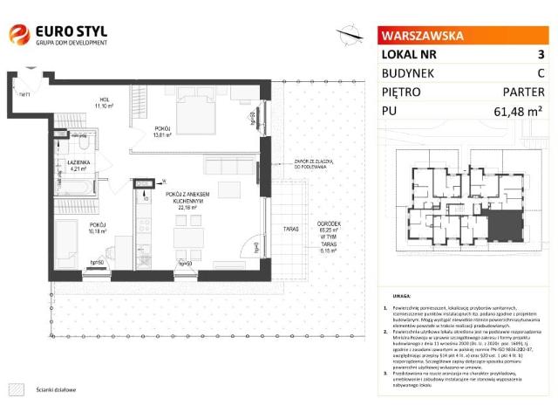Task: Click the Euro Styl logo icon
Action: coord(18,35)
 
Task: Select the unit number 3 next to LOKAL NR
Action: coord(540,54)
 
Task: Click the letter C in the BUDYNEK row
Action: coord(541,72)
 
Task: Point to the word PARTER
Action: coord(523,92)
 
